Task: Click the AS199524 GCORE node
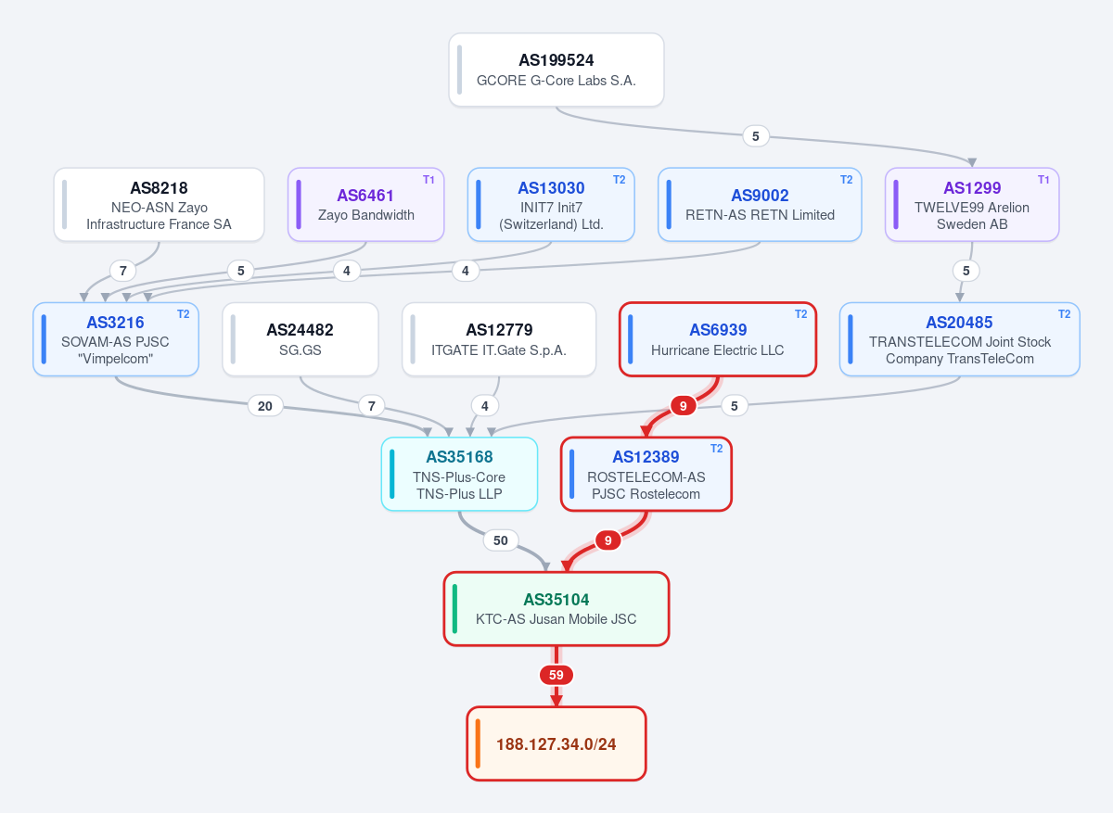click(556, 70)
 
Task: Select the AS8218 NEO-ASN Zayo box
click(159, 205)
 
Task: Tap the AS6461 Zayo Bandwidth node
click(365, 205)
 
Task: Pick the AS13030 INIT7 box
click(551, 205)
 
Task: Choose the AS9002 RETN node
click(760, 205)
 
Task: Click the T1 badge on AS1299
click(1043, 180)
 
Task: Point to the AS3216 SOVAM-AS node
click(116, 339)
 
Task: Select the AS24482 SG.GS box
click(301, 339)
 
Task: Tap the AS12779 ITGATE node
click(499, 339)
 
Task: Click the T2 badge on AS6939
click(801, 314)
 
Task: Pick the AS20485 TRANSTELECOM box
click(959, 339)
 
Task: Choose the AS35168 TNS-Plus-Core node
click(459, 474)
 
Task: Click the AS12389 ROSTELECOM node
click(646, 474)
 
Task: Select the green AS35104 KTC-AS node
click(556, 609)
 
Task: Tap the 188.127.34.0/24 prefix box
click(556, 743)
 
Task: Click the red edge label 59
click(556, 675)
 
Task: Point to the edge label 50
click(500, 540)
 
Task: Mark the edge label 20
click(265, 406)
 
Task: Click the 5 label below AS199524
click(755, 136)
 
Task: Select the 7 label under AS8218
click(123, 271)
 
